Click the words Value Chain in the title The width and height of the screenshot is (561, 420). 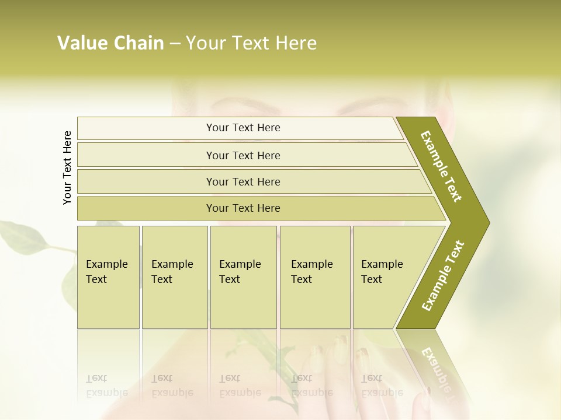[x=110, y=43]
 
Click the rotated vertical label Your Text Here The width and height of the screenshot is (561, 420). [x=67, y=167]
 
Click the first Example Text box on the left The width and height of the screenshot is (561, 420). [x=108, y=276]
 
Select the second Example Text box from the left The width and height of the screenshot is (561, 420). [x=175, y=276]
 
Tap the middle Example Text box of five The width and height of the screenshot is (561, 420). [x=243, y=276]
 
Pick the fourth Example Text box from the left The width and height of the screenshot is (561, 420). [x=315, y=276]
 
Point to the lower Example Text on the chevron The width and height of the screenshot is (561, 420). [x=442, y=275]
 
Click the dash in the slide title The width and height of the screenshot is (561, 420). [x=175, y=43]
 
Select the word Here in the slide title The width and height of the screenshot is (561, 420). [x=295, y=43]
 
